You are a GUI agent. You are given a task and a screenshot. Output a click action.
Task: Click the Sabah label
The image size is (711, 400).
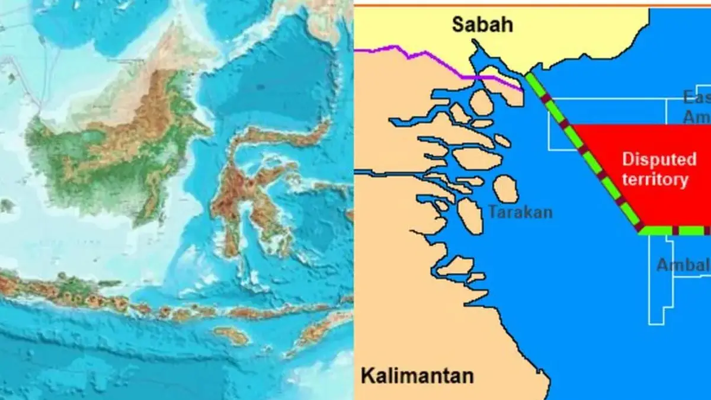[x=482, y=25]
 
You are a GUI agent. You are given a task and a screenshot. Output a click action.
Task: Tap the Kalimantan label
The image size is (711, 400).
[x=417, y=375]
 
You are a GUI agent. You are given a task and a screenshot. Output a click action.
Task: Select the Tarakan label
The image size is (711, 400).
[x=521, y=212]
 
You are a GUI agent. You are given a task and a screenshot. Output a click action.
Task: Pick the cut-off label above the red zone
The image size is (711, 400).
[x=696, y=107]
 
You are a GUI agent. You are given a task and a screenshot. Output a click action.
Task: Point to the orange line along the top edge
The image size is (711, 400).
[x=533, y=4]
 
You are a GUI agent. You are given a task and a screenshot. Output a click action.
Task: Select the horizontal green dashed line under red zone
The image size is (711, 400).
[x=675, y=231]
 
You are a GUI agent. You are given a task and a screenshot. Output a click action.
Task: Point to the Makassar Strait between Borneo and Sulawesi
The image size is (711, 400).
[x=190, y=196]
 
